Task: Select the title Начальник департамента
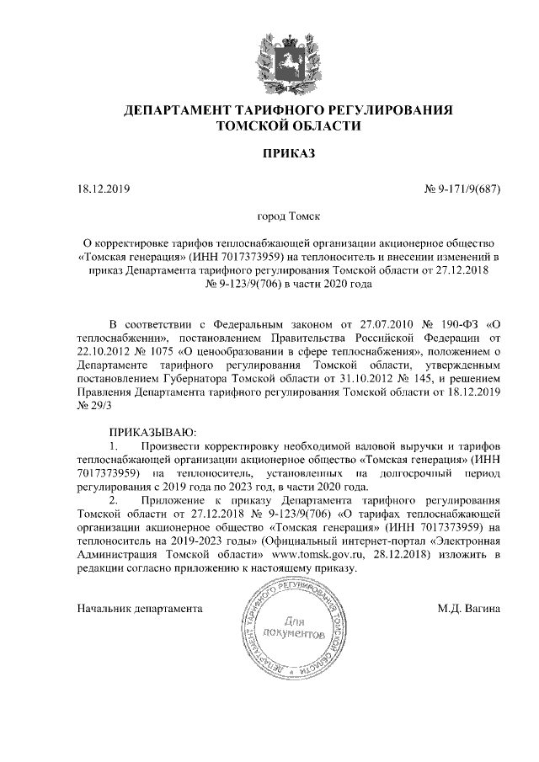click(139, 607)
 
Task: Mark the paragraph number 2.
click(115, 500)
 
